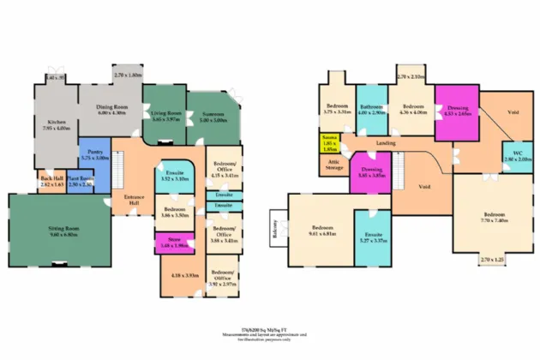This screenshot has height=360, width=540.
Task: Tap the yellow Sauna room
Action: (329, 142)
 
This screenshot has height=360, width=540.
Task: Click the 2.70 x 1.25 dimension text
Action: (492, 258)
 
